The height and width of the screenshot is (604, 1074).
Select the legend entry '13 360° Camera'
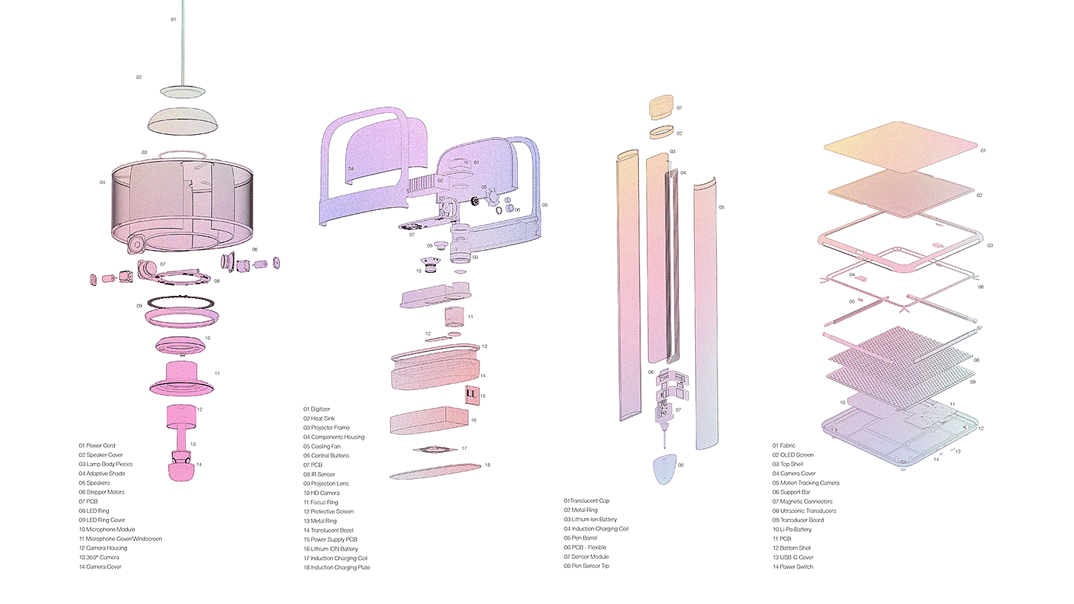99,557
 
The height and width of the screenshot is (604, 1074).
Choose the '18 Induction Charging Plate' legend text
336,567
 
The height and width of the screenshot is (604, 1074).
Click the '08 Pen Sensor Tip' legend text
588,566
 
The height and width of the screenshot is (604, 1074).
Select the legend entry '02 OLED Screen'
793,455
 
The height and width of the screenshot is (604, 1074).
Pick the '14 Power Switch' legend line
792,566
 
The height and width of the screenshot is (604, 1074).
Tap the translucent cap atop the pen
662,107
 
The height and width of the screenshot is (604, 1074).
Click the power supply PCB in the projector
471,396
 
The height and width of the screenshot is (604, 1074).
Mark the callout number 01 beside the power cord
173,19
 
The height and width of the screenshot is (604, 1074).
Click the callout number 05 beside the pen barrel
721,207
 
